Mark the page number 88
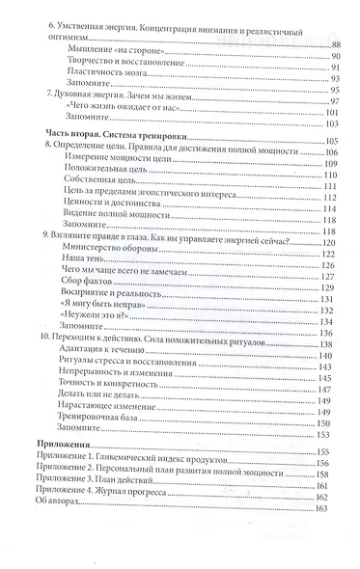(x=335, y=45)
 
